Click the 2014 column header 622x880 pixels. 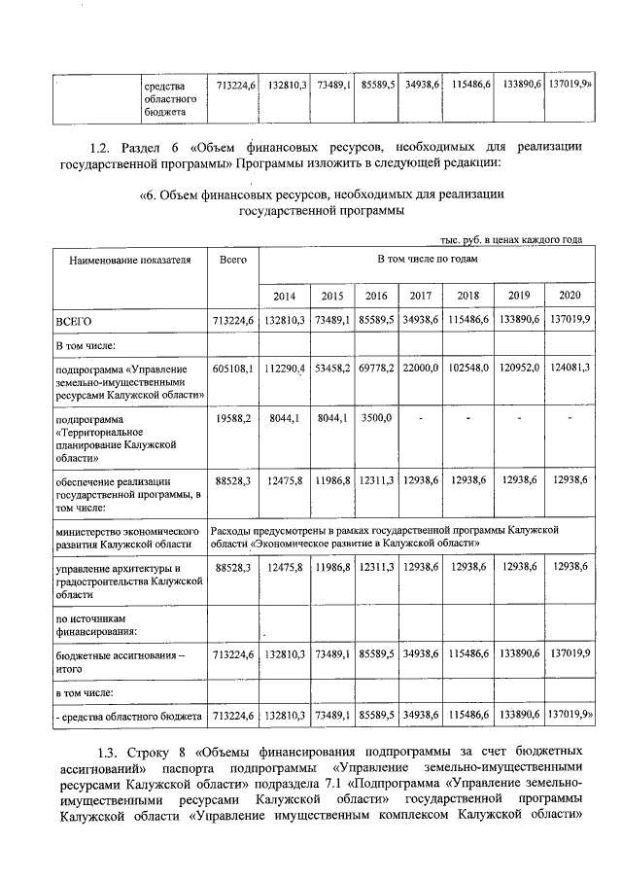coord(284,296)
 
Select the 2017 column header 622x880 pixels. coord(421,296)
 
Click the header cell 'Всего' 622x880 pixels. coord(233,261)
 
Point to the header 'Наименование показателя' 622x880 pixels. coord(130,261)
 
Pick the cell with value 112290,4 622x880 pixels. coord(285,370)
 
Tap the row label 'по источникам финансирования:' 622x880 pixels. coord(96,624)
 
